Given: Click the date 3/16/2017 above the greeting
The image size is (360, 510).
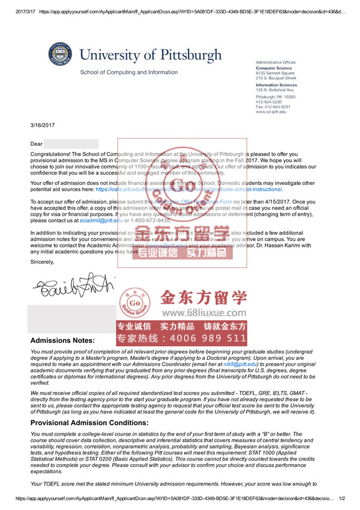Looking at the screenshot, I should point(42,125).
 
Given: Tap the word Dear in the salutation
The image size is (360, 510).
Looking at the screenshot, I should point(36,144).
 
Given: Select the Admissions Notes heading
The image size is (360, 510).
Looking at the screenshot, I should point(62,340).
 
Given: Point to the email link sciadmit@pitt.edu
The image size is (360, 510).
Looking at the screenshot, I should point(101,220).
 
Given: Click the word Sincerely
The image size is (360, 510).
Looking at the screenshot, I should point(42,261).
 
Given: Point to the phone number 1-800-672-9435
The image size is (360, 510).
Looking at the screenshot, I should point(146,220).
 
